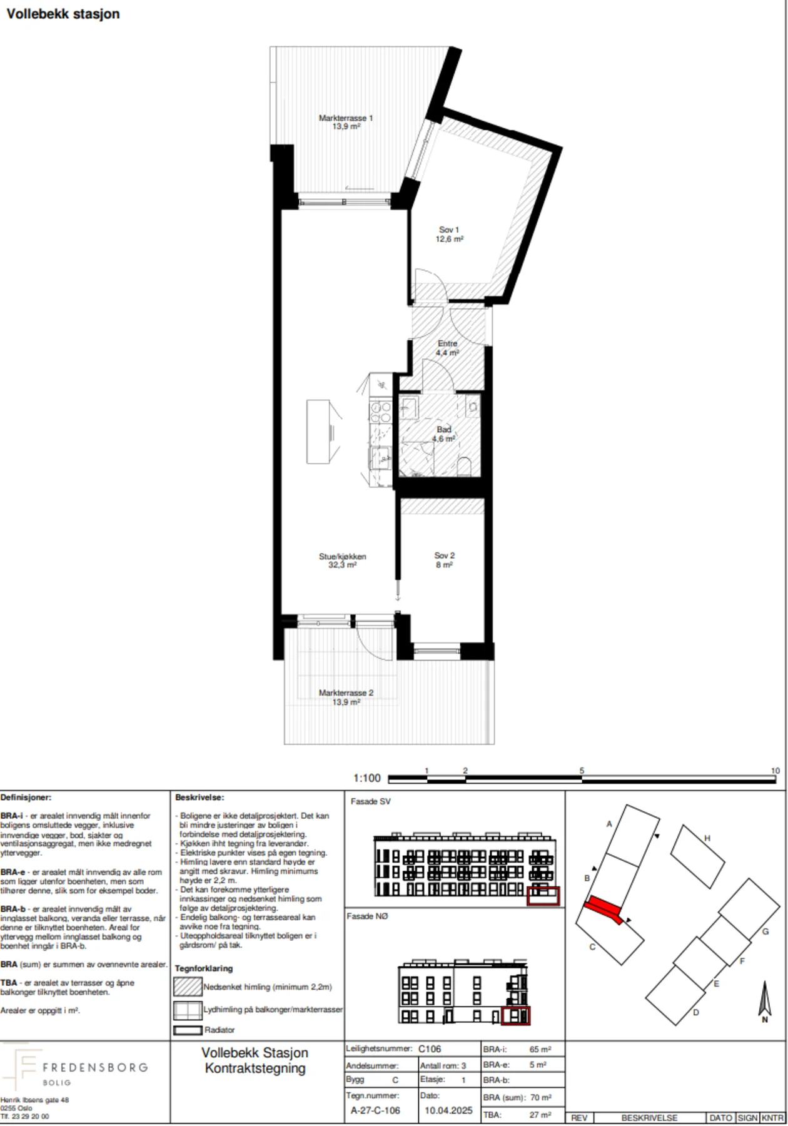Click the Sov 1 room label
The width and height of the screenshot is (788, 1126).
tap(449, 234)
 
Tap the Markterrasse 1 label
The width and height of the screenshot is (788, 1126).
tap(346, 122)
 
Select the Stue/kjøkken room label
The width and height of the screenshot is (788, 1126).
tap(343, 560)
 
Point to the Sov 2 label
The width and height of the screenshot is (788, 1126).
tap(444, 560)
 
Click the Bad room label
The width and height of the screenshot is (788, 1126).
tap(444, 434)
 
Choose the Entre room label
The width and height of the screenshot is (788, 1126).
tap(448, 348)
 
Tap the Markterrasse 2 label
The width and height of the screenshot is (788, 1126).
tap(346, 697)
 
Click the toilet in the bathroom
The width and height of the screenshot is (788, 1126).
tap(464, 467)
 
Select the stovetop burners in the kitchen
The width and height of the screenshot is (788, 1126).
tap(380, 412)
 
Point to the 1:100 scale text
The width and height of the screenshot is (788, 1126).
tap(367, 778)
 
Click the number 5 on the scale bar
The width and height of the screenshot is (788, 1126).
tap(582, 771)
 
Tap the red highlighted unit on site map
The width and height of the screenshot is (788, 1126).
tap(604, 910)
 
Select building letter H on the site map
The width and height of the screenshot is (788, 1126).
tap(707, 838)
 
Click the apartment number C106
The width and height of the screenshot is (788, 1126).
tap(430, 1049)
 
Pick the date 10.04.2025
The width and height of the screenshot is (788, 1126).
tap(448, 1110)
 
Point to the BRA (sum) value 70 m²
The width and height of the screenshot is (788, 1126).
tap(541, 1097)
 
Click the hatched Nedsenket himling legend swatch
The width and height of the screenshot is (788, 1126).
tap(188, 987)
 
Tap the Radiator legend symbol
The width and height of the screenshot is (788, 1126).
tap(188, 1030)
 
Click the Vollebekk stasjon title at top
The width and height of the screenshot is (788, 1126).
tap(63, 14)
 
